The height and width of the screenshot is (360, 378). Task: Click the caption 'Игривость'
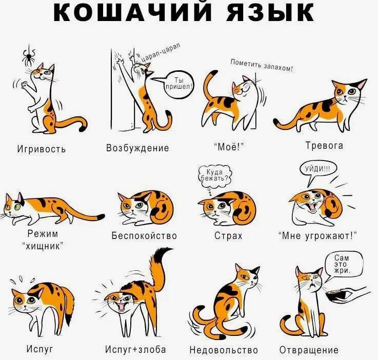[42, 149]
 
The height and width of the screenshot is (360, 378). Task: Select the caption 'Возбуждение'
[137, 148]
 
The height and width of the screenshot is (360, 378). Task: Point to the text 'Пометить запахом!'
[262, 65]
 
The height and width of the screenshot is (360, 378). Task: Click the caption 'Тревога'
[324, 146]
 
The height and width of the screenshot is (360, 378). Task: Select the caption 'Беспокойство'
[144, 235]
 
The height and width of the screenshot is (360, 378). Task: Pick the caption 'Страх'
[228, 235]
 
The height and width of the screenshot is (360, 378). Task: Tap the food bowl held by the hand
[337, 296]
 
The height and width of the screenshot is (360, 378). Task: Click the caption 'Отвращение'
[309, 350]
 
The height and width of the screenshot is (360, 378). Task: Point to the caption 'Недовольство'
[224, 350]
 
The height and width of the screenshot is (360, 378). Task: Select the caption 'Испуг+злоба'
[135, 349]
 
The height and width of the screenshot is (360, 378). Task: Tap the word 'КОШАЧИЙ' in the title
[132, 11]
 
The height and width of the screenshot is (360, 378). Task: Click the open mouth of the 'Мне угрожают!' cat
[313, 207]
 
